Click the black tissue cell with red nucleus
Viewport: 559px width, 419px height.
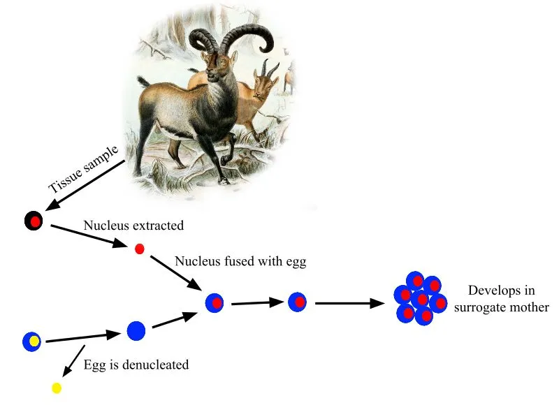[x=34, y=222]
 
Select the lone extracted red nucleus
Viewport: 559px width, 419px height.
[x=139, y=249]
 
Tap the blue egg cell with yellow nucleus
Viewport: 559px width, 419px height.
[x=32, y=341]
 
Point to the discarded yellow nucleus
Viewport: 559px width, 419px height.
[x=57, y=388]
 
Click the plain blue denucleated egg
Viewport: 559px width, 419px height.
[x=136, y=330]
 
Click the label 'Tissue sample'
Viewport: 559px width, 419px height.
[x=82, y=170]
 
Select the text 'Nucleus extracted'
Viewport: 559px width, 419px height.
[x=133, y=226]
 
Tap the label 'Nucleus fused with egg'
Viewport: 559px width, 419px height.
[x=240, y=262]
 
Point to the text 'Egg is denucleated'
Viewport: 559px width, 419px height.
[x=136, y=365]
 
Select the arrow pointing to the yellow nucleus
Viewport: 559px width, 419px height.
[x=73, y=361]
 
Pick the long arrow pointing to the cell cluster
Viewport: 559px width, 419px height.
[x=349, y=303]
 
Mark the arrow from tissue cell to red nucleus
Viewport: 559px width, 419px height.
[x=86, y=235]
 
